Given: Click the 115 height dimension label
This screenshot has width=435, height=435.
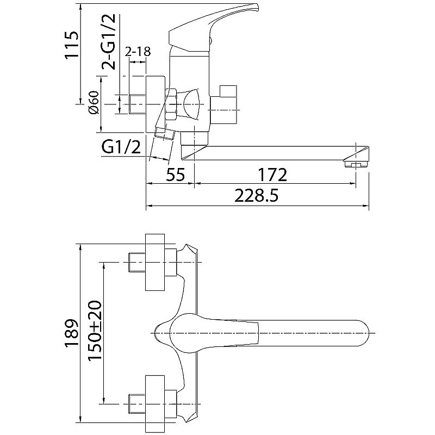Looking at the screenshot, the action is pos(72,45).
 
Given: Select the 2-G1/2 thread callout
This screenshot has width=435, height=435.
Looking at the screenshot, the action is pos(108,42).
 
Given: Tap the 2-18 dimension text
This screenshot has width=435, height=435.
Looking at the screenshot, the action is pos(138,51).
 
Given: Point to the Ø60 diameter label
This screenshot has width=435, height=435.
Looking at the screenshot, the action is pos(94,102).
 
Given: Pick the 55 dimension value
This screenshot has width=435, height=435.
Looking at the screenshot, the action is pos(175,175).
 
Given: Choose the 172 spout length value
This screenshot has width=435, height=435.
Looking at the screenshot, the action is pos(272,175).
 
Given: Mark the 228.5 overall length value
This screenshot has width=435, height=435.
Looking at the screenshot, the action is pos(256,196).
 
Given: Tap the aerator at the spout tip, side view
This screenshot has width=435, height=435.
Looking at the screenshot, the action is pos(356,164).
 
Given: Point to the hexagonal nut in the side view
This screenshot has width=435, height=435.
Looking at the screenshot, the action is pos(171,104).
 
